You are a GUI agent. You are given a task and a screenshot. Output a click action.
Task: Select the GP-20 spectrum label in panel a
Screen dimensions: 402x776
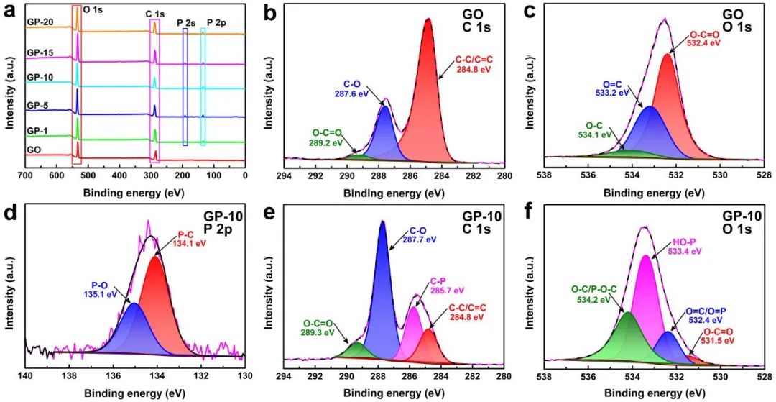[38, 22]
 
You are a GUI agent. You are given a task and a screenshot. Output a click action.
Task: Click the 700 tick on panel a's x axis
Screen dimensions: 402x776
[26, 175]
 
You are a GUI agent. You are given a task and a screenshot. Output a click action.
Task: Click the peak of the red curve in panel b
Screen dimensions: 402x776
[428, 20]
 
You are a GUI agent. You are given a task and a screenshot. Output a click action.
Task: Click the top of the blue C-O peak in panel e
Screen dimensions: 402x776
[382, 222]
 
